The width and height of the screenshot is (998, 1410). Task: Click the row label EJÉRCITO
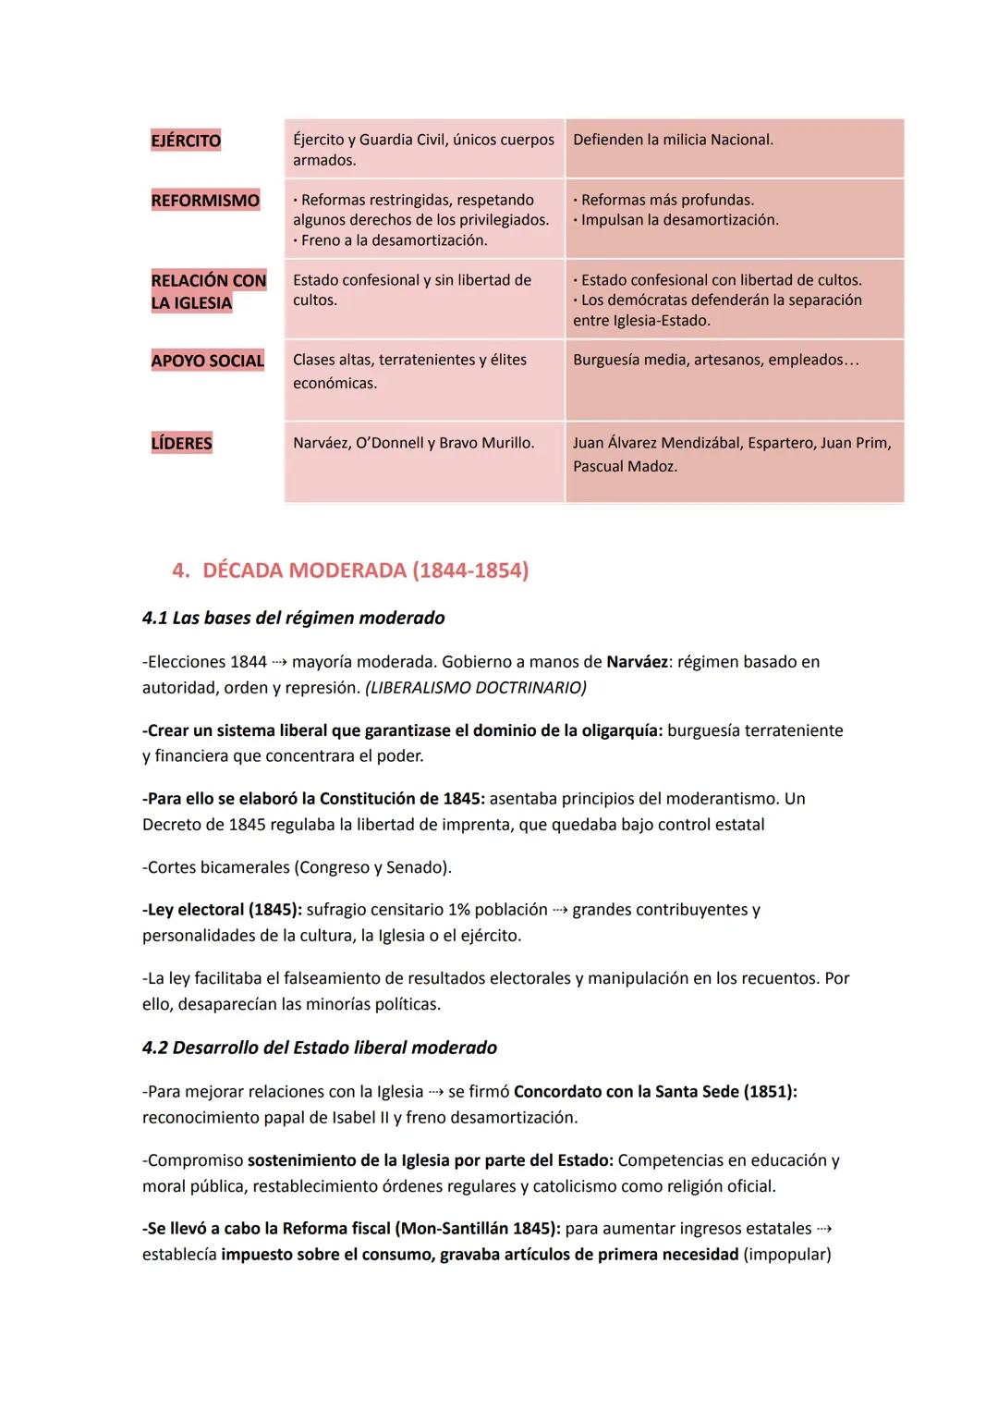coord(186,141)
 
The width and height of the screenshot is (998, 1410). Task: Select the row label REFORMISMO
coord(205,201)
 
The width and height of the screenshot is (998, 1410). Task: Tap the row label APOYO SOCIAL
coord(207,361)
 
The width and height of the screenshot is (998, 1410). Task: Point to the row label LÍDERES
coord(181,443)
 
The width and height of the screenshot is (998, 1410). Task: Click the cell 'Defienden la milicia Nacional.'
coord(673,140)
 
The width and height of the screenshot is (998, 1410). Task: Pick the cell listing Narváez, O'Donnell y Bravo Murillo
coord(413,443)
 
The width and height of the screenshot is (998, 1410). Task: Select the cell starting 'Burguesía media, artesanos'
coord(715,360)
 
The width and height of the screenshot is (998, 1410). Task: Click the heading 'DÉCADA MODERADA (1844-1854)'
coord(365,570)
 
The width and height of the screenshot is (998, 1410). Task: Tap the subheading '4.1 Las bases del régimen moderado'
coord(293,618)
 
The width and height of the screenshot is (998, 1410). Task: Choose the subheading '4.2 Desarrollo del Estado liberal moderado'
coord(319,1048)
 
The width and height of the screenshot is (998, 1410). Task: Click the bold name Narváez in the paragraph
coord(637,662)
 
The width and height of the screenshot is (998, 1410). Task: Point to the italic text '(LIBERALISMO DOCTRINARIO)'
coord(476,688)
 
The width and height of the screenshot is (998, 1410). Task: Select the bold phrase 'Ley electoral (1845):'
coord(222,910)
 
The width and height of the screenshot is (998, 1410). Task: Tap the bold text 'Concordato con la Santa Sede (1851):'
coord(655,1092)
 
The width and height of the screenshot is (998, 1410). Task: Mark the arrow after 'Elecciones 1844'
coord(279,662)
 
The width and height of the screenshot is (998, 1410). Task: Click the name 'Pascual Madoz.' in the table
coord(625,467)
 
